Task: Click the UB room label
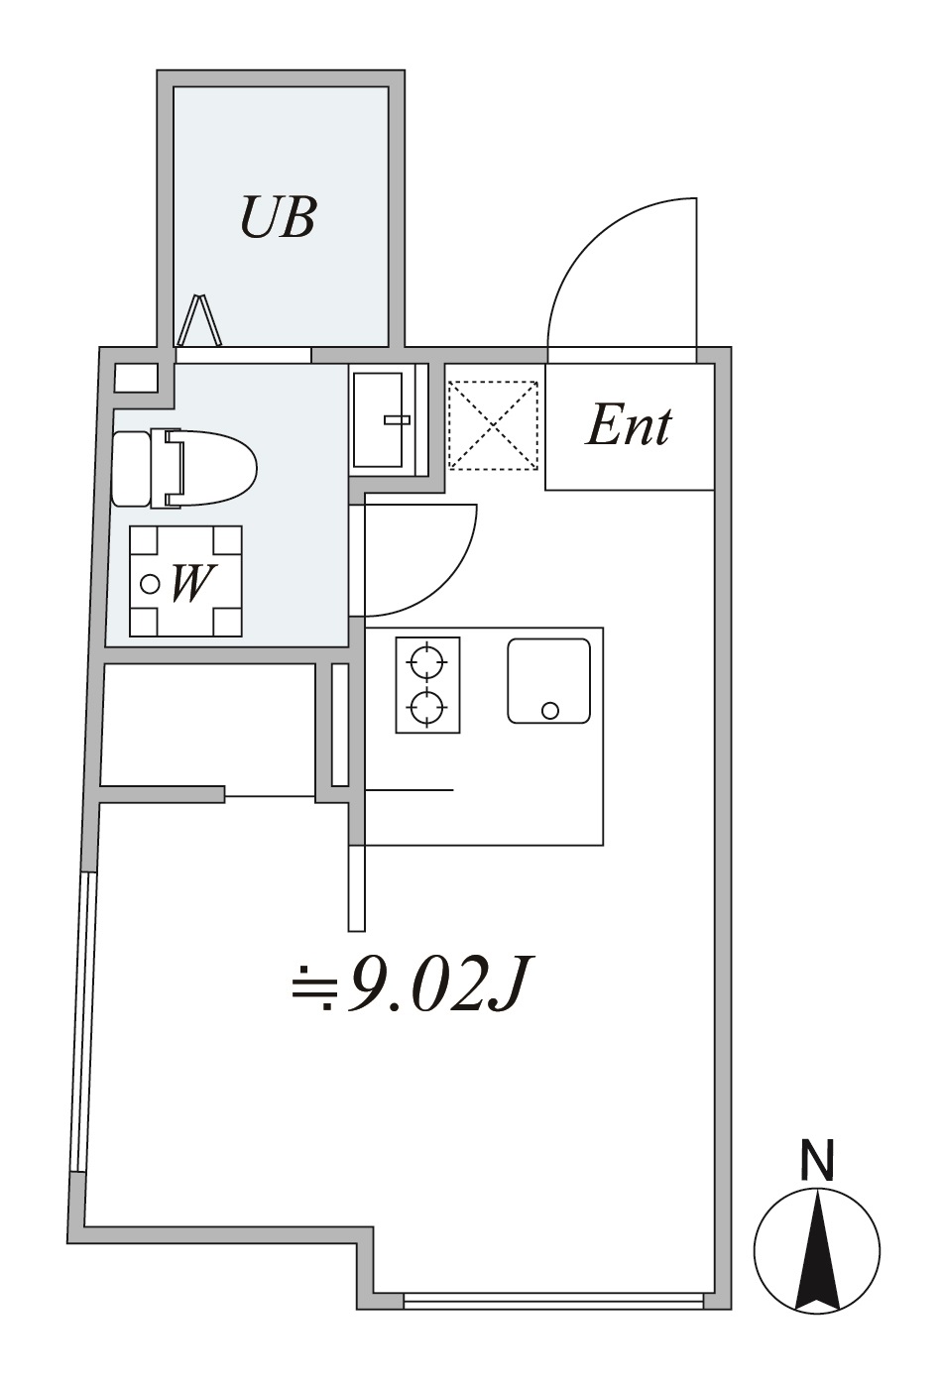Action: [x=279, y=217]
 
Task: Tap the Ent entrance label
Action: [x=628, y=426]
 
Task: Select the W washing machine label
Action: [x=190, y=584]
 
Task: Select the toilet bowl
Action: [x=210, y=468]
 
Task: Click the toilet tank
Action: [x=131, y=468]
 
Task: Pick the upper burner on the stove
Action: [x=427, y=663]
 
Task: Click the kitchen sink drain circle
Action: [x=549, y=710]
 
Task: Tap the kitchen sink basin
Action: [x=548, y=681]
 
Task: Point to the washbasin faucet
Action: [x=398, y=419]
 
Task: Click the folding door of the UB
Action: [x=199, y=319]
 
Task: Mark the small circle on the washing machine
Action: [x=150, y=584]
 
